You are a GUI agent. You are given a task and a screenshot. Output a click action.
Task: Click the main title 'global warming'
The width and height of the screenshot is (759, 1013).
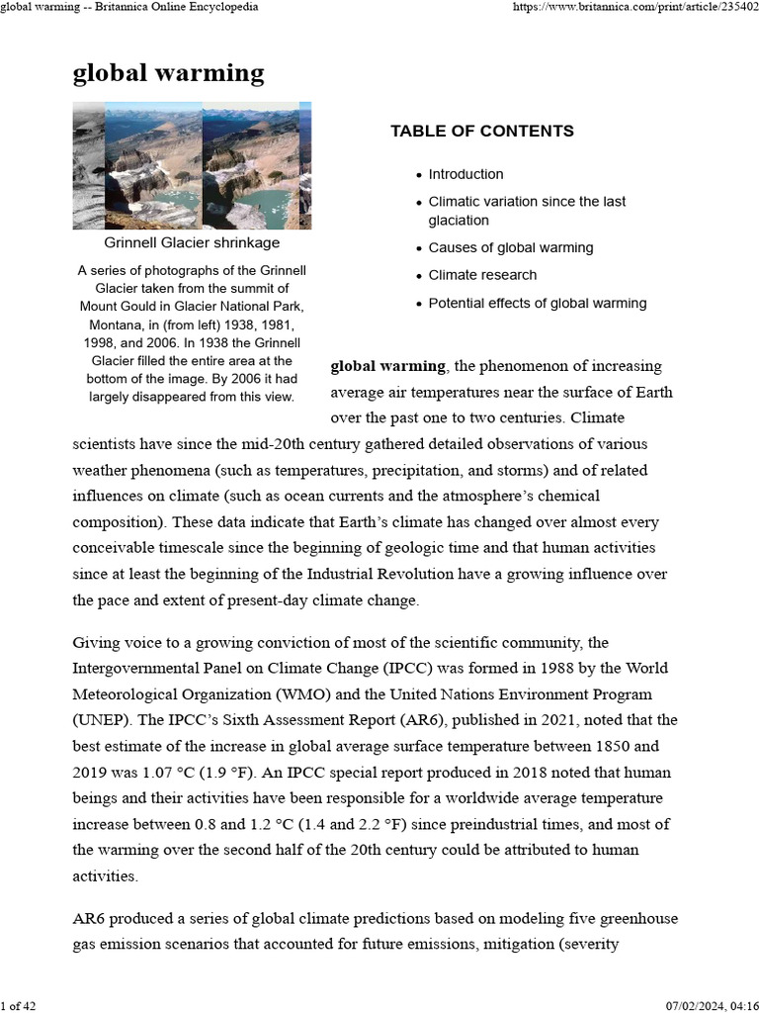[x=168, y=72]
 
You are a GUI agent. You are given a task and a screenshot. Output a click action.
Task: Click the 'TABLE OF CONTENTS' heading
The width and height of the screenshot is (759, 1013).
[x=481, y=131]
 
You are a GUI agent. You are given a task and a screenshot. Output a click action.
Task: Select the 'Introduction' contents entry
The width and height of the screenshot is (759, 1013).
[x=465, y=174]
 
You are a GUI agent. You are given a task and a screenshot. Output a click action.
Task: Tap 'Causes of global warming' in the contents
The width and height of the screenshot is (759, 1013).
[x=510, y=248]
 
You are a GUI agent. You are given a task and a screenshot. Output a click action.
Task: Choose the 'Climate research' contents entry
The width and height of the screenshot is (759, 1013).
[x=482, y=275]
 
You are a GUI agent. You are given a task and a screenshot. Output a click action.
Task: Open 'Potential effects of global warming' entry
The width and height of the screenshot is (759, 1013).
[x=538, y=303]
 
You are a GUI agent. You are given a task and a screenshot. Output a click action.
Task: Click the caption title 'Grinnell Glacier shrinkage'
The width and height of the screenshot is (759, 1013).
[x=192, y=242]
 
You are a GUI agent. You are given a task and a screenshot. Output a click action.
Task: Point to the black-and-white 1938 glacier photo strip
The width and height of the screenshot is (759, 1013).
[x=88, y=165]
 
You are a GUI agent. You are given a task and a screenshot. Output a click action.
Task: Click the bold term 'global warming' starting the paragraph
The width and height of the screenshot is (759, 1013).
[x=387, y=367]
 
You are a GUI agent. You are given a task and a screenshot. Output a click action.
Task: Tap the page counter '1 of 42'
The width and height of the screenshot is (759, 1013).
[x=19, y=1005]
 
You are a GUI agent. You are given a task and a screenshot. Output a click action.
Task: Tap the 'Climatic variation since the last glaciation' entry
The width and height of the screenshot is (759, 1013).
[x=526, y=211]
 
